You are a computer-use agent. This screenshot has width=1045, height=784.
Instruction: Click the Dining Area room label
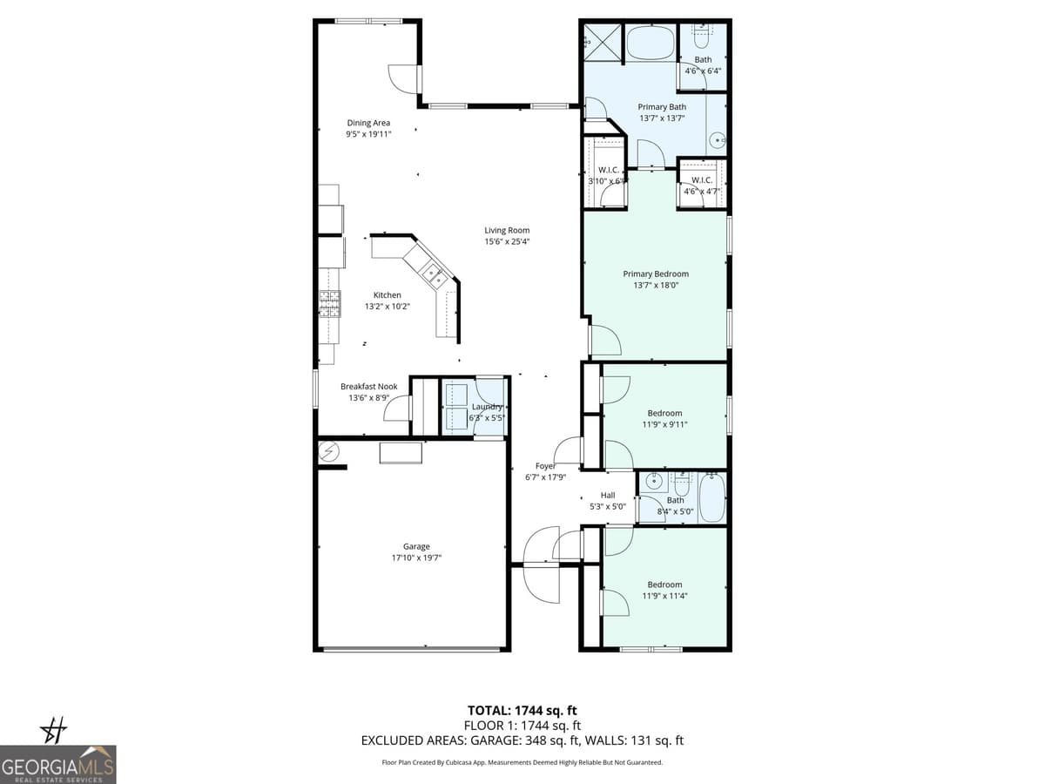368,123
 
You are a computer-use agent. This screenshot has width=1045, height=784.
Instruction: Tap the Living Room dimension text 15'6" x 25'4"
507,241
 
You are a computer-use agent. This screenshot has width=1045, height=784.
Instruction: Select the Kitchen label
388,295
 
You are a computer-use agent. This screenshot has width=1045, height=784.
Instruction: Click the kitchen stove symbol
329,303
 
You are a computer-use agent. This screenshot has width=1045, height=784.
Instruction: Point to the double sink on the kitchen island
434,276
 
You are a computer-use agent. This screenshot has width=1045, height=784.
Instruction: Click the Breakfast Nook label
368,387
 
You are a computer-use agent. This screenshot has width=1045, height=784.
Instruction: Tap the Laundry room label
487,407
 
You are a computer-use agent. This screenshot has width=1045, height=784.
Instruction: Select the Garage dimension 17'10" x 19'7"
416,558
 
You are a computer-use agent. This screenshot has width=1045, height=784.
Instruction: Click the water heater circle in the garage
329,450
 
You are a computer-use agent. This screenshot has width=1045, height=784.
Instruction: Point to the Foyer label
546,466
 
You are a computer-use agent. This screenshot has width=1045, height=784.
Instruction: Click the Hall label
608,495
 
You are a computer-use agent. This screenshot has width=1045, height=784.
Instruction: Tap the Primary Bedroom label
656,274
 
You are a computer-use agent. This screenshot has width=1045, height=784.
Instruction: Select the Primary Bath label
662,107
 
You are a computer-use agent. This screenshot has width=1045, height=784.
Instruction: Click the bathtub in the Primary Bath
651,42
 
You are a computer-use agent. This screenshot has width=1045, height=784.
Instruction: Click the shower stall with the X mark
601,40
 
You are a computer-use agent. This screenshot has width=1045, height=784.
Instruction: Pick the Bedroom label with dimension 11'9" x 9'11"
664,413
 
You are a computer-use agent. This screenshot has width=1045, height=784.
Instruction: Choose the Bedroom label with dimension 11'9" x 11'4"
664,585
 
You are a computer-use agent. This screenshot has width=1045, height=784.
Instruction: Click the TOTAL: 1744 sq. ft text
522,711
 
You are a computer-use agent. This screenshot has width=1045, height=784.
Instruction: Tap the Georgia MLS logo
58,764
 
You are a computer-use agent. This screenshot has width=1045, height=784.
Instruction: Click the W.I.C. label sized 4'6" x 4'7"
702,179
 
